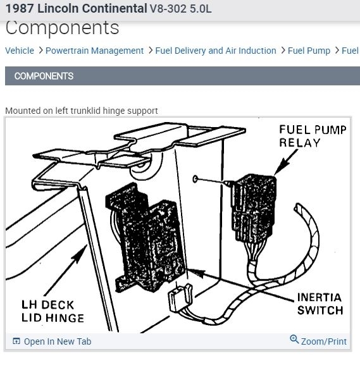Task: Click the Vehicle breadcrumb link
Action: click(x=20, y=51)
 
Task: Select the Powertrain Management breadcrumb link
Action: click(x=94, y=51)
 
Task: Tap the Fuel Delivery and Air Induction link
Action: click(x=216, y=51)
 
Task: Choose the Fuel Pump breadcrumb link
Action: click(x=309, y=51)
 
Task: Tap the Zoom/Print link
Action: click(x=324, y=341)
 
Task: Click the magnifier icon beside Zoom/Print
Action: click(x=294, y=340)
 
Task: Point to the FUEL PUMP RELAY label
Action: click(x=313, y=136)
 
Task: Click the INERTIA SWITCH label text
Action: click(x=320, y=304)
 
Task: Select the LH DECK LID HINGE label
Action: click(x=53, y=311)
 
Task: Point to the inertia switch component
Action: click(x=146, y=237)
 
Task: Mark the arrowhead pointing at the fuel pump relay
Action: click(x=281, y=168)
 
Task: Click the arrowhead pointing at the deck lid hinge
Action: click(x=81, y=252)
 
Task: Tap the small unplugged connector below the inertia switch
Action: click(x=180, y=298)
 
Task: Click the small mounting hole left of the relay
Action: click(x=196, y=179)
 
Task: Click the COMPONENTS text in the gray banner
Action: click(x=44, y=76)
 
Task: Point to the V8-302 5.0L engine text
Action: click(x=180, y=9)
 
